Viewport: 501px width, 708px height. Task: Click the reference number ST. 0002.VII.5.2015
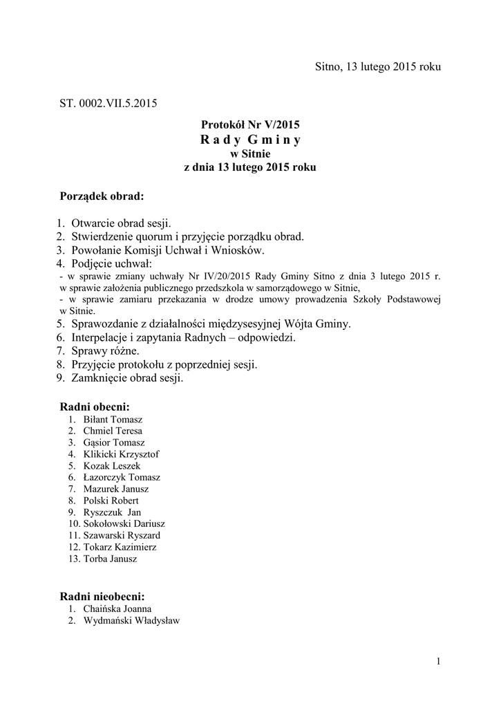pyautogui.click(x=108, y=104)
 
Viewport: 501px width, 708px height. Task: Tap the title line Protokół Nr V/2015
pyautogui.click(x=250, y=125)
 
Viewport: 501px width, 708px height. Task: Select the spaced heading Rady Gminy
pyautogui.click(x=250, y=140)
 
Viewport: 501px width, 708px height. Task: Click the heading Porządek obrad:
pyautogui.click(x=102, y=196)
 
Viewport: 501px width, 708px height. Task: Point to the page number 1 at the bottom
pyautogui.click(x=438, y=662)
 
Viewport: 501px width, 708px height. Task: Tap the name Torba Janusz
pyautogui.click(x=110, y=559)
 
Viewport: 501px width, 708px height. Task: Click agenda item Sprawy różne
pyautogui.click(x=105, y=351)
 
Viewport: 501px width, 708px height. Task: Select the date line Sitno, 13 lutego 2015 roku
pyautogui.click(x=377, y=67)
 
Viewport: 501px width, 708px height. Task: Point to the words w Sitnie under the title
pyautogui.click(x=250, y=153)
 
